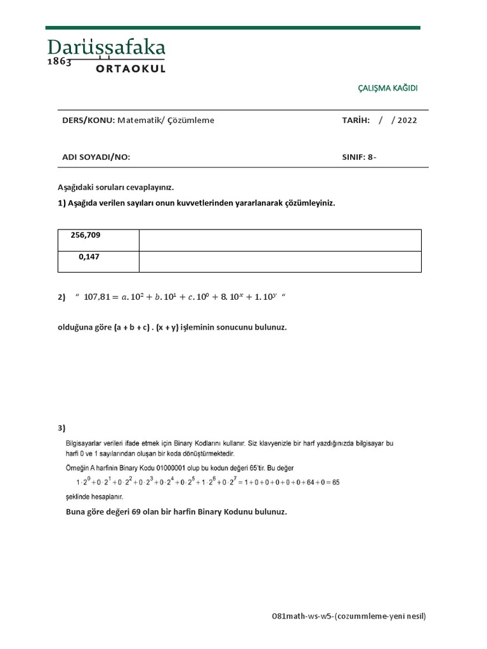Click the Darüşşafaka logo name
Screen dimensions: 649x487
click(x=107, y=48)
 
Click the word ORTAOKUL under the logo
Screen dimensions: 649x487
click(x=131, y=68)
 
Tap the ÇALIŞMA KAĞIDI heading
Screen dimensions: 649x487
click(x=388, y=88)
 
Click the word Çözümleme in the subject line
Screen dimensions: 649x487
click(x=191, y=120)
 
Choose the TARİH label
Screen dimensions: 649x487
click(x=356, y=120)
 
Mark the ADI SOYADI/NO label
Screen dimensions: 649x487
click(x=96, y=157)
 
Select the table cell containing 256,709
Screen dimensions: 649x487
click(x=98, y=240)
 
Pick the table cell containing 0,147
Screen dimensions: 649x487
click(x=98, y=262)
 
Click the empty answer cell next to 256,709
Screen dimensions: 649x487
click(x=280, y=240)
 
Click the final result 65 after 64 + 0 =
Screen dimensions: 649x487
click(x=335, y=482)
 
